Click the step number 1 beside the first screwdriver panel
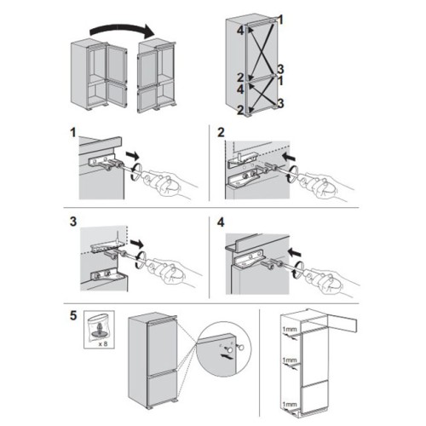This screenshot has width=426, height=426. click(73, 133)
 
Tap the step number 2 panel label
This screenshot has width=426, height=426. click(221, 133)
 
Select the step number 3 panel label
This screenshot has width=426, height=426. click(73, 222)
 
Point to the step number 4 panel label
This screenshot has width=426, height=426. click(221, 222)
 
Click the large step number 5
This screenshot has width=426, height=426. click(73, 315)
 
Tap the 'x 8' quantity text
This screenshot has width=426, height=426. click(103, 344)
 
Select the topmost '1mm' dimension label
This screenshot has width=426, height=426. click(290, 330)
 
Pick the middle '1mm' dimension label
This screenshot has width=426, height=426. click(290, 360)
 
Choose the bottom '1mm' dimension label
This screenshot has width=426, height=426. click(290, 404)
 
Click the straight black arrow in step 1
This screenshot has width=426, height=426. click(133, 156)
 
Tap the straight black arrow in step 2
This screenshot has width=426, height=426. click(289, 157)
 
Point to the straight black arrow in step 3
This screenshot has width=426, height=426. click(137, 244)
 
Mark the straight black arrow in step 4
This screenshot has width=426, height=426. click(294, 252)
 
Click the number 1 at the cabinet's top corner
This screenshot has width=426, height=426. click(280, 20)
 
